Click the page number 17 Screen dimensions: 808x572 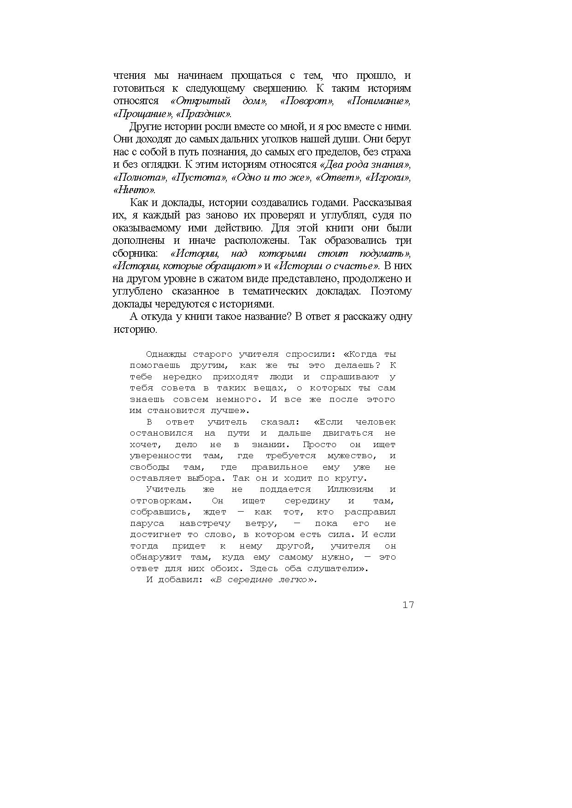tap(408, 605)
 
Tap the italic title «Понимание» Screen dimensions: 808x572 tap(378, 101)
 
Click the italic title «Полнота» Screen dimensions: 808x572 tap(139, 177)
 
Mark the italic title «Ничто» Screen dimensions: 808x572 tap(134, 190)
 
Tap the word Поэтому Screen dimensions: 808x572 tap(391, 291)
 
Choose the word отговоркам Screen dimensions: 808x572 tap(159, 501)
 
